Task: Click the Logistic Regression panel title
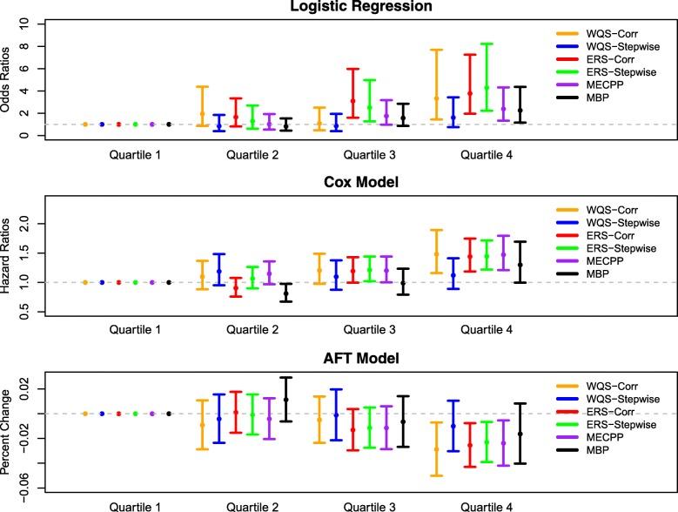(339, 6)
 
